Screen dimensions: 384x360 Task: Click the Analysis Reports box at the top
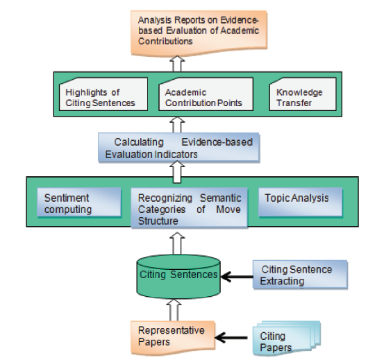[199, 33]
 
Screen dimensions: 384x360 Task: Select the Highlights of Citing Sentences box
[103, 94]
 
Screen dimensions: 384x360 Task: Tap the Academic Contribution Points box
[206, 94]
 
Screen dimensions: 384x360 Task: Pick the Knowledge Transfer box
[303, 94]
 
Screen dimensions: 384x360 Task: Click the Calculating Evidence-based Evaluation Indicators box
[178, 148]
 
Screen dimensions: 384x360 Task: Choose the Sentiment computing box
[79, 203]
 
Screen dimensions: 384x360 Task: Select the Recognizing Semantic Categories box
[190, 208]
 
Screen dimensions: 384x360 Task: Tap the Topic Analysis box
[301, 203]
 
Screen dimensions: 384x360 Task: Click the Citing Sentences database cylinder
[178, 277]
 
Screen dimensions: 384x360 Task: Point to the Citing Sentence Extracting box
[300, 275]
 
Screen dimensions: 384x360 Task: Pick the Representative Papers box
[173, 338]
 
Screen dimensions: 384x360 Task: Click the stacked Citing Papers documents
[287, 338]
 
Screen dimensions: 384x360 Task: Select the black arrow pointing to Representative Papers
[231, 338]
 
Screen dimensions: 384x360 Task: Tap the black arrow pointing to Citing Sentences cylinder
[237, 277]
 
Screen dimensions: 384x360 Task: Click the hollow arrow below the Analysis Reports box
[177, 64]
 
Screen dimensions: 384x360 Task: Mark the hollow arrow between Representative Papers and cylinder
[174, 310]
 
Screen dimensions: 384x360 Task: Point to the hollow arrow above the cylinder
[177, 243]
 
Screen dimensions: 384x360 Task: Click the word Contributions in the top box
[165, 41]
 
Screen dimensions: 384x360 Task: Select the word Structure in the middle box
[158, 221]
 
